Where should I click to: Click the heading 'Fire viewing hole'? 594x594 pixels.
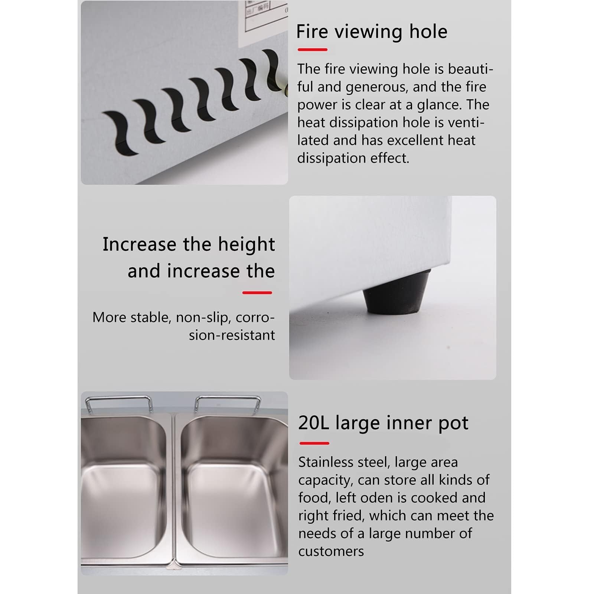(x=372, y=32)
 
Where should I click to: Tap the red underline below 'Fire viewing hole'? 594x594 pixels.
(x=312, y=49)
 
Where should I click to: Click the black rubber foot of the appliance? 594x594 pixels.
(x=396, y=292)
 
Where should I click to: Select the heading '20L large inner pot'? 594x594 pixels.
(x=383, y=423)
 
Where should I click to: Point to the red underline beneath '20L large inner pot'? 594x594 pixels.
(x=314, y=443)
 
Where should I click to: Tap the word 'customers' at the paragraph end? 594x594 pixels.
(x=331, y=551)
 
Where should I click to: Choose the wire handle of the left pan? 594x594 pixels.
(x=119, y=403)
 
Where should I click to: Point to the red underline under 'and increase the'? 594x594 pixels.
(x=257, y=293)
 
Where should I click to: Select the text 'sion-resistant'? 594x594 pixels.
(x=232, y=335)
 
